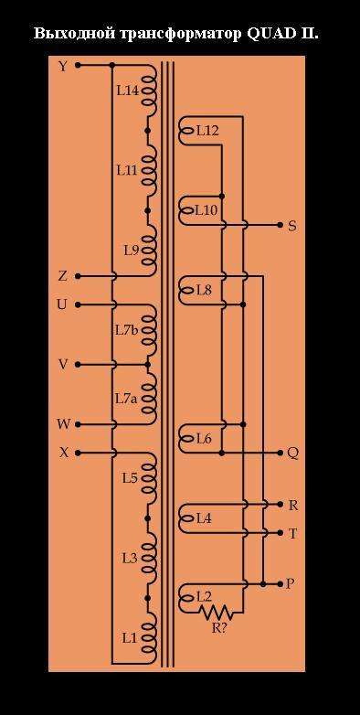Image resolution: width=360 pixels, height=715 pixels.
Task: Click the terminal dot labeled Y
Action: point(78,65)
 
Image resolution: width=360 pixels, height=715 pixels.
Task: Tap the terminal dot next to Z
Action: point(78,276)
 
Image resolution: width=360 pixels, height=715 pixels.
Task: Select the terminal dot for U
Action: point(78,304)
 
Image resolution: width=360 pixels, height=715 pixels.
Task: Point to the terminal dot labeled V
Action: point(78,364)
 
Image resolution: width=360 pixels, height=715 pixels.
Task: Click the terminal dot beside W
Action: point(78,424)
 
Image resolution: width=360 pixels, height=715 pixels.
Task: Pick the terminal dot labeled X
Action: point(78,453)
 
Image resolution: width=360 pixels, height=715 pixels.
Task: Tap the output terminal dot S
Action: point(280,225)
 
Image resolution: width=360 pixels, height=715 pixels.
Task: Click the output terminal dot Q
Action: point(280,453)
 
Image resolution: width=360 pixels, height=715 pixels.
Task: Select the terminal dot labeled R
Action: point(280,504)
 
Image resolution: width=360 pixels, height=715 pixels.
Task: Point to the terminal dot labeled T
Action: point(280,532)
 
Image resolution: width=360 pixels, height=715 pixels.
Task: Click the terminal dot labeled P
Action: point(280,583)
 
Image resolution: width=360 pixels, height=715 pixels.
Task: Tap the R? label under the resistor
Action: point(220,627)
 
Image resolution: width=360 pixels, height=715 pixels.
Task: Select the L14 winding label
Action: point(128,91)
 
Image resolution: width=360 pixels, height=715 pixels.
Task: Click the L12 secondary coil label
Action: point(207,132)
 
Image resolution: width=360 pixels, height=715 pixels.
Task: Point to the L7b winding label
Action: point(127,330)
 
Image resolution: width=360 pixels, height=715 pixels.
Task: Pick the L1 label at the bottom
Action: point(130,638)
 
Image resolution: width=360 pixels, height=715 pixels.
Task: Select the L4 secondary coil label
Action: point(204,518)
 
